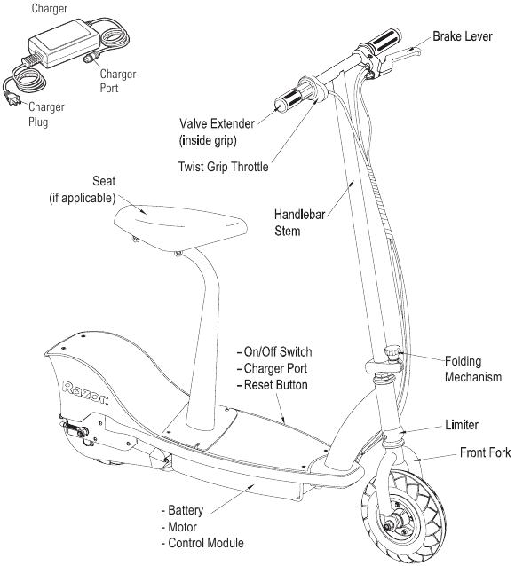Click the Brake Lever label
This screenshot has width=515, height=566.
[x=462, y=38]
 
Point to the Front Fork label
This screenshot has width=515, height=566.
[x=485, y=452]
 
